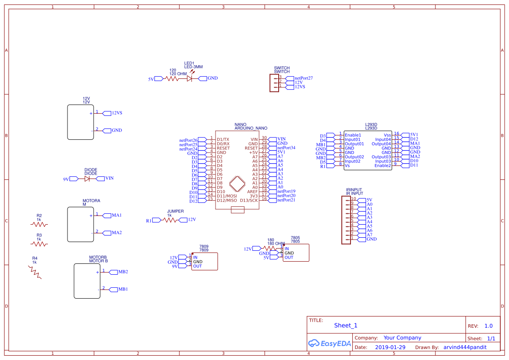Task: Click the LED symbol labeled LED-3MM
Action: pyautogui.click(x=189, y=78)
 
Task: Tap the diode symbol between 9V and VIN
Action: pyautogui.click(x=87, y=178)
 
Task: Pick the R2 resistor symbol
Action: pyautogui.click(x=39, y=224)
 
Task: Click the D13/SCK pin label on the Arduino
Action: pyautogui.click(x=249, y=200)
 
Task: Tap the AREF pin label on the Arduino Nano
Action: pyautogui.click(x=252, y=192)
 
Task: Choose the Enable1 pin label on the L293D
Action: pyautogui.click(x=353, y=135)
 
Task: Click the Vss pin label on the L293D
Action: pyautogui.click(x=387, y=135)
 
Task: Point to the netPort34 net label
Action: pyautogui.click(x=286, y=148)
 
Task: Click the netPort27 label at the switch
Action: pyautogui.click(x=303, y=78)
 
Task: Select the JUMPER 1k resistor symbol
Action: pyautogui.click(x=171, y=220)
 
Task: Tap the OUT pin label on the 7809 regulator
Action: pyautogui.click(x=197, y=266)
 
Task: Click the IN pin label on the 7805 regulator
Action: pyautogui.click(x=287, y=249)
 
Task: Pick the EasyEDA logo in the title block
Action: pyautogui.click(x=329, y=343)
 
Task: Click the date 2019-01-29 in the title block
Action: pyautogui.click(x=390, y=347)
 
